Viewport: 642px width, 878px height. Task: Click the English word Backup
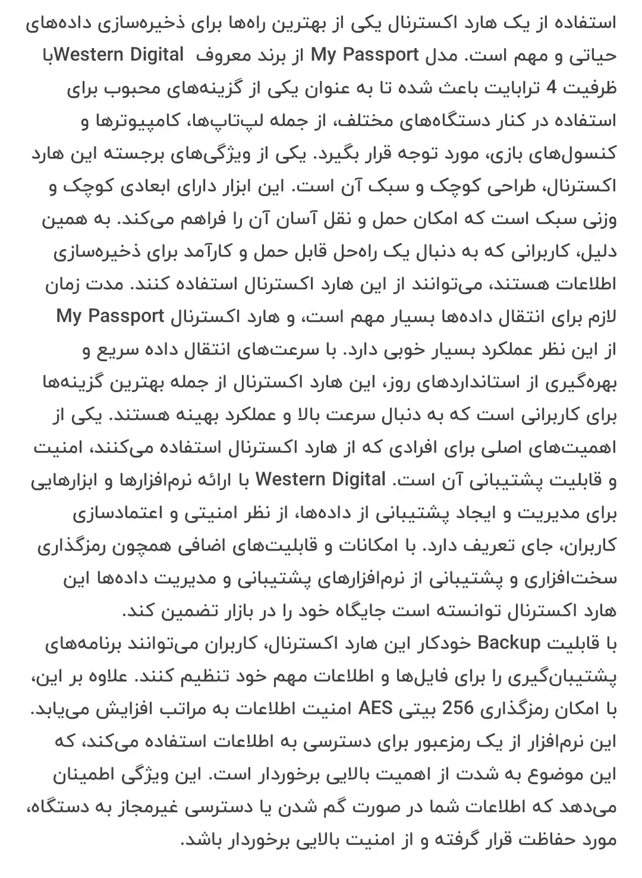click(509, 643)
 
